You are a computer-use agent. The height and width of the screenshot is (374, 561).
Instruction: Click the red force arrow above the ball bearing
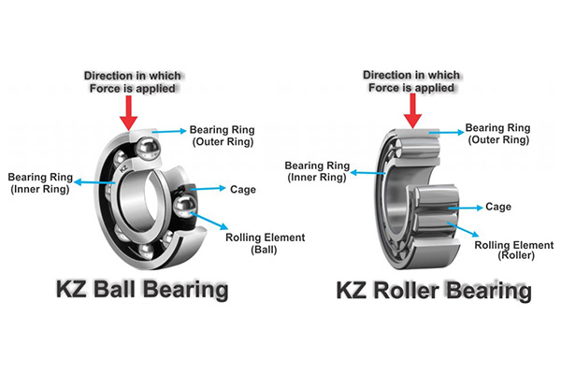coord(130,109)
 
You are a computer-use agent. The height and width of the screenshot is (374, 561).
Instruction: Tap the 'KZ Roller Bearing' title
coord(433,291)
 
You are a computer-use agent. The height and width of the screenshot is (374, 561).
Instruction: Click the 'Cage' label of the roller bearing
coord(498,206)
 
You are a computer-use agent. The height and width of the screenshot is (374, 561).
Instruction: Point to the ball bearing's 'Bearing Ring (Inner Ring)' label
coord(39,182)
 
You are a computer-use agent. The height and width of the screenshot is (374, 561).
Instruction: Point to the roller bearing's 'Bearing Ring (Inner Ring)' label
coord(319,170)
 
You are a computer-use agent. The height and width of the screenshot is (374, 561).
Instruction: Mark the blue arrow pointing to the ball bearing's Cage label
coord(210,190)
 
